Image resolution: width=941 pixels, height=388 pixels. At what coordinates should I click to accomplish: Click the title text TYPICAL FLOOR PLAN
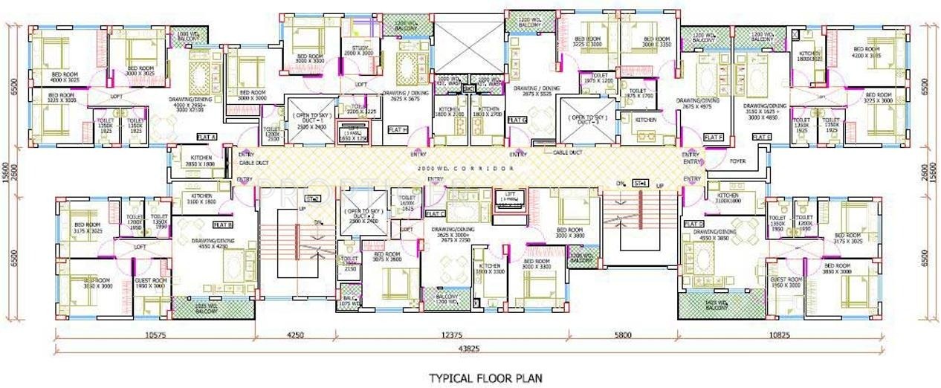click(x=485, y=378)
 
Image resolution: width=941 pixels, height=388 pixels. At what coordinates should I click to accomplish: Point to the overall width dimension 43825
click(x=467, y=349)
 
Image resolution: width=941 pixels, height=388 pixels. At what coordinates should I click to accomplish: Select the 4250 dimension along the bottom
click(x=295, y=335)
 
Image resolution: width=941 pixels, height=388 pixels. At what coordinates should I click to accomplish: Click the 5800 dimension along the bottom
click(x=623, y=335)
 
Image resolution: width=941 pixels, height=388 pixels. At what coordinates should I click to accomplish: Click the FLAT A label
click(x=206, y=138)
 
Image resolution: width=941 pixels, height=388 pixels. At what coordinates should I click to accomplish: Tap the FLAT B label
click(x=223, y=224)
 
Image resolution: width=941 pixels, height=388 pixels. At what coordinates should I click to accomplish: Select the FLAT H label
click(x=398, y=129)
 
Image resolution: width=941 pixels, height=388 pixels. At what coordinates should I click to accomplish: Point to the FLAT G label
click(x=517, y=120)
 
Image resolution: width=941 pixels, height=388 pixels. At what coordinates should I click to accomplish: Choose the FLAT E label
click(x=762, y=138)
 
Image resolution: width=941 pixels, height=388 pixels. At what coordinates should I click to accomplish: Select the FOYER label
click(x=738, y=159)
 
